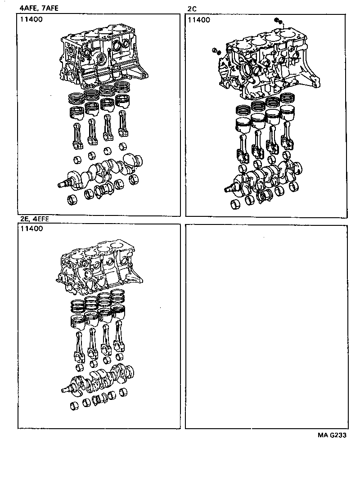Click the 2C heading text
[191, 8]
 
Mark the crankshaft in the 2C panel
[265, 178]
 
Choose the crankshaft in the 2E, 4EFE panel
[101, 378]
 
